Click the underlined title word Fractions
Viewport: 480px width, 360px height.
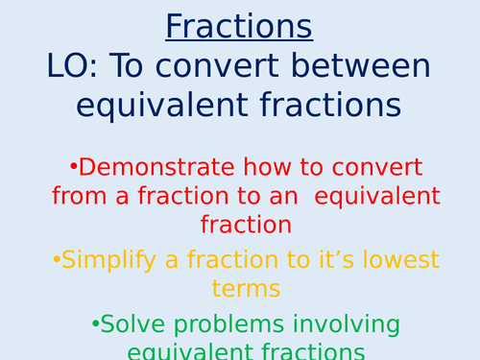click(239, 26)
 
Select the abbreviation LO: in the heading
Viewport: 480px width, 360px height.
click(74, 65)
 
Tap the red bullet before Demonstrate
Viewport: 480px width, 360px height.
click(72, 167)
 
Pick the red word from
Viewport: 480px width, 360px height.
click(77, 197)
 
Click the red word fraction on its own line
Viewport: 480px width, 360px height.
click(240, 226)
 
